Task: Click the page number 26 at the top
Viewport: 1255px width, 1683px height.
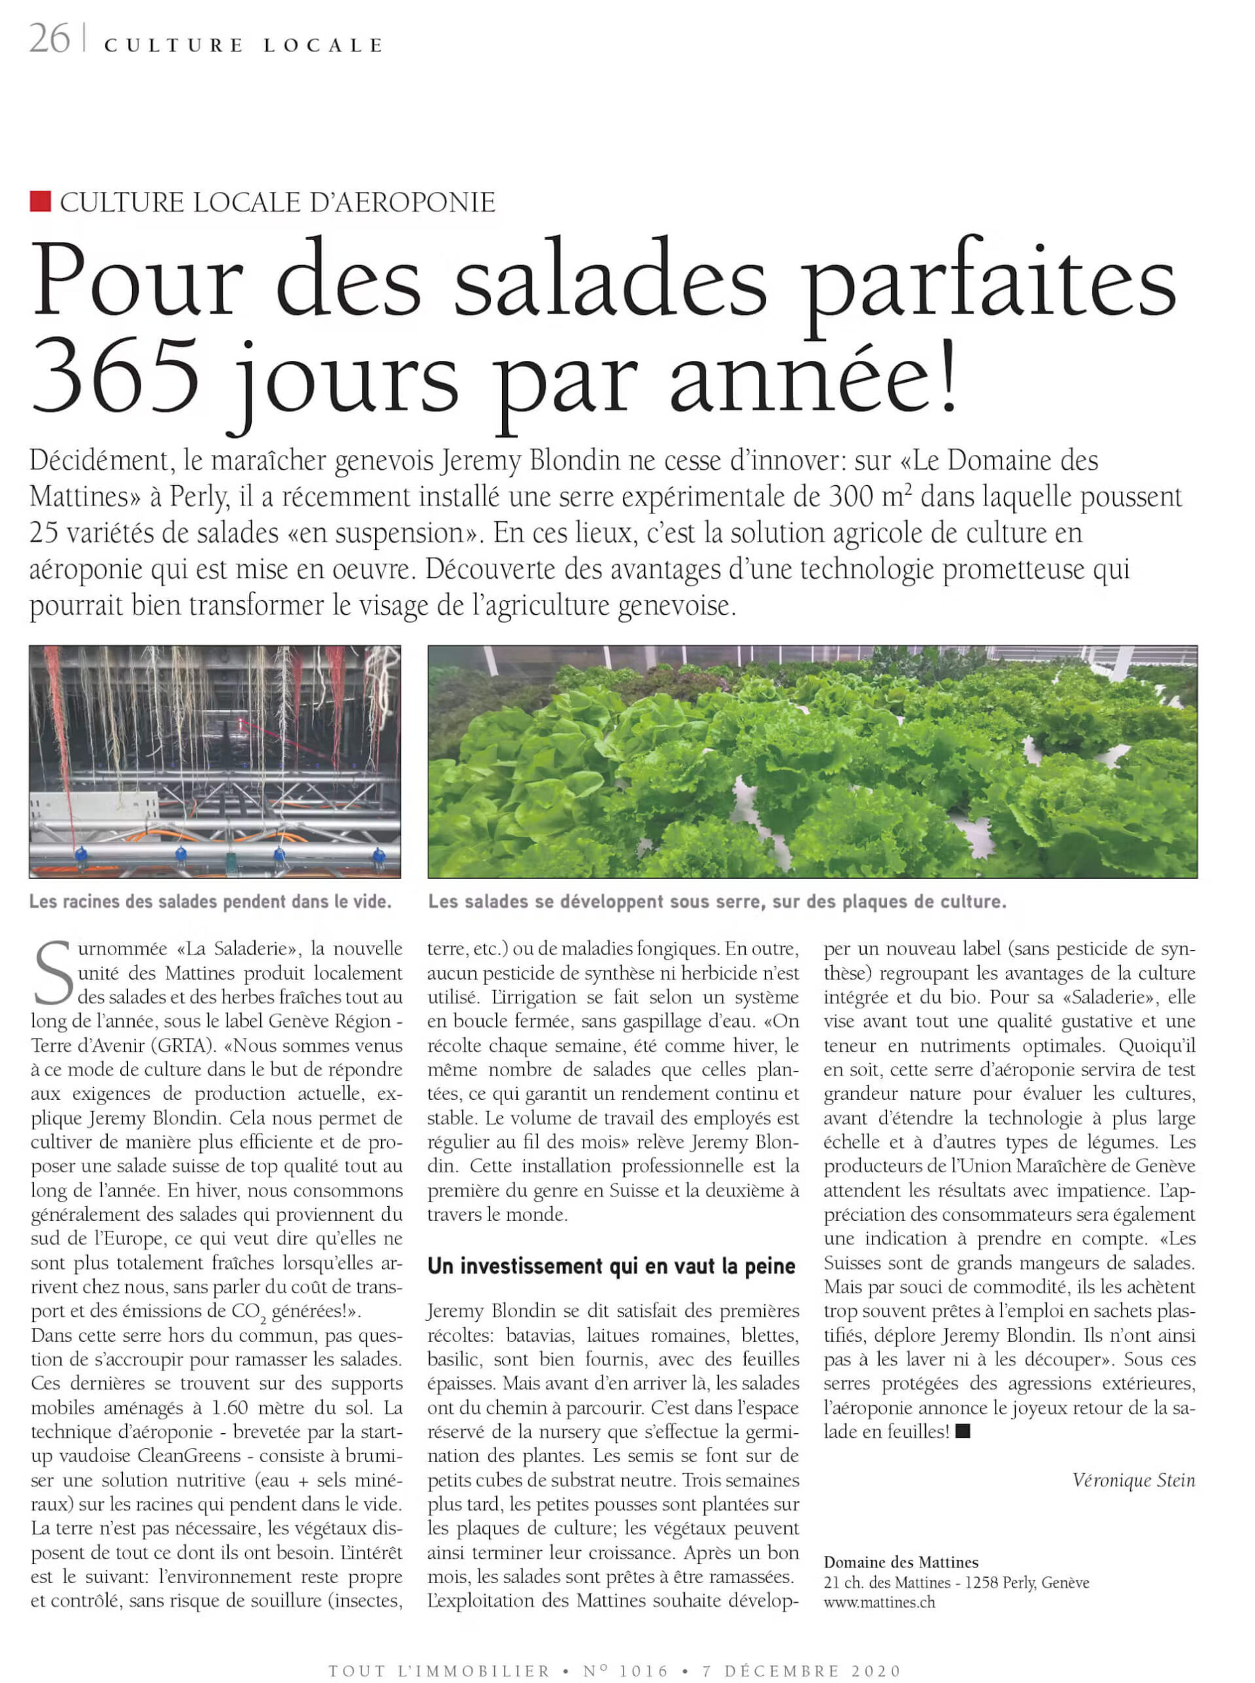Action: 49,39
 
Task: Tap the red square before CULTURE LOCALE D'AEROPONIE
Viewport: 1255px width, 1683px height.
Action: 40,201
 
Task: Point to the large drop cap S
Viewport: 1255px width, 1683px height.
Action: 53,973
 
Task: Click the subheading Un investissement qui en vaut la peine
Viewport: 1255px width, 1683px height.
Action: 612,1266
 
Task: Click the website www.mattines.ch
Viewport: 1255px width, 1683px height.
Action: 879,1601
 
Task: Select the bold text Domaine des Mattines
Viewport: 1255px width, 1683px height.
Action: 901,1562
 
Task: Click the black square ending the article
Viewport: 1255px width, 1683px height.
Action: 963,1431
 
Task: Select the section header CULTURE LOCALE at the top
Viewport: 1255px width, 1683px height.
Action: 243,45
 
